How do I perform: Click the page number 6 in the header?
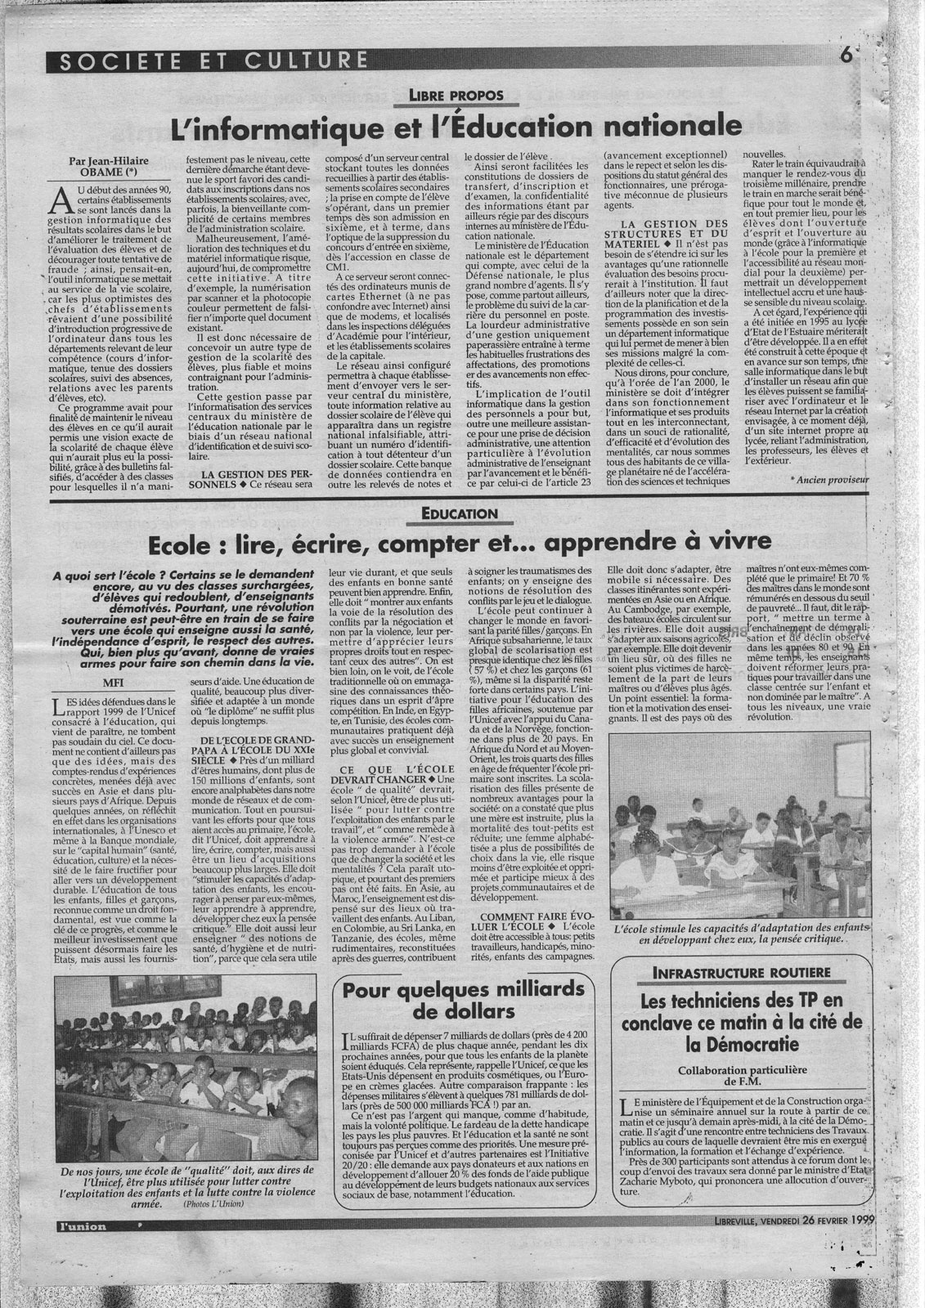(846, 57)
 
